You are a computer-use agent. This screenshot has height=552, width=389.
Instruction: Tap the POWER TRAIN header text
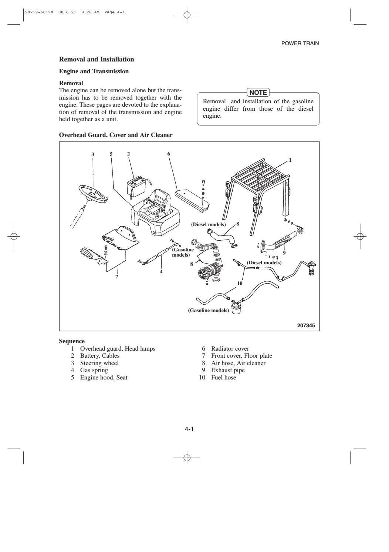click(x=300, y=43)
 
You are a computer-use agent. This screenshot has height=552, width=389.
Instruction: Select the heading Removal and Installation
click(x=97, y=59)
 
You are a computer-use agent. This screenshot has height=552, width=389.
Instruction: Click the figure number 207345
click(x=307, y=326)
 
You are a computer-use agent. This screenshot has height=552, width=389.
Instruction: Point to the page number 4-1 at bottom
click(x=189, y=429)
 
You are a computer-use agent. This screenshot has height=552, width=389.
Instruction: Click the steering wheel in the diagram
click(x=92, y=193)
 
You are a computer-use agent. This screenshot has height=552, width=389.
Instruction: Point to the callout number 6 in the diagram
click(x=169, y=154)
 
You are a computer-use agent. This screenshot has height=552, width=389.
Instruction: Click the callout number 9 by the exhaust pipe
click(x=284, y=253)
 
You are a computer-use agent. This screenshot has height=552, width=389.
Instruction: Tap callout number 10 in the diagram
click(x=240, y=283)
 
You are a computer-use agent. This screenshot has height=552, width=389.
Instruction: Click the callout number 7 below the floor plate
click(x=116, y=277)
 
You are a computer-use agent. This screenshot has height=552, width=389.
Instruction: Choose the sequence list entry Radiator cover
click(x=230, y=349)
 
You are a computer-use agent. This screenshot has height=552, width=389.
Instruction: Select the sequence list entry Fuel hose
click(x=223, y=378)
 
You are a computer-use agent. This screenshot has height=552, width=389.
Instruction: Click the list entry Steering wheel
click(x=99, y=363)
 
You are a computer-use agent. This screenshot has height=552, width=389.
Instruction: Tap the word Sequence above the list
click(x=72, y=341)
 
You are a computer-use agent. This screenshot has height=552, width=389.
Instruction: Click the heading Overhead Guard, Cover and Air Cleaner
click(x=116, y=135)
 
